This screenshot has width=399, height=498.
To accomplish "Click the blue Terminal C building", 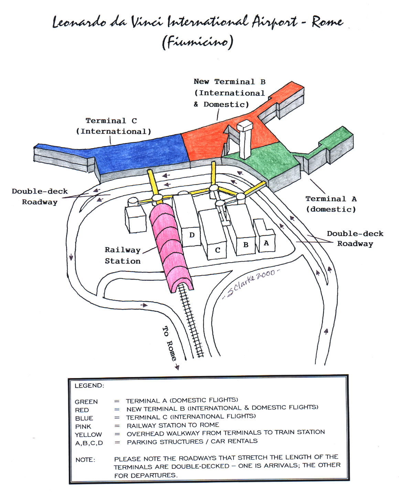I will point(138,151).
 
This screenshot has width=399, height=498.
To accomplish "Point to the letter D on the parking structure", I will point(192,235).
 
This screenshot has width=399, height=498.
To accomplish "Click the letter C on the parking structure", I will point(217,250).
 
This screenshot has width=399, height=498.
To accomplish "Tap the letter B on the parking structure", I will point(246,245).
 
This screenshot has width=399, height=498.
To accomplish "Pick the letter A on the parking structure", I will point(266,243).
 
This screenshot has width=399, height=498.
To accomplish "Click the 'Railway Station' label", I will point(123,255).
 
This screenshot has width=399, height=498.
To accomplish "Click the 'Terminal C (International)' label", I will point(113,126).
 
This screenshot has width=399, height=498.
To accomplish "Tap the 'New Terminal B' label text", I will point(229,82).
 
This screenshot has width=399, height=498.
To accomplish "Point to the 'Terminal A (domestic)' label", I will point(331,204).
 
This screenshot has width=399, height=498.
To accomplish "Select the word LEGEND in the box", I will point(89,386).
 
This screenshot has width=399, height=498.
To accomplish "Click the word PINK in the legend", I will point(83,427).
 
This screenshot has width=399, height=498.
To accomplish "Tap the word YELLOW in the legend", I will point(88,435).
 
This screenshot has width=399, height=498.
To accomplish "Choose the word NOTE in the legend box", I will point(85,460).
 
